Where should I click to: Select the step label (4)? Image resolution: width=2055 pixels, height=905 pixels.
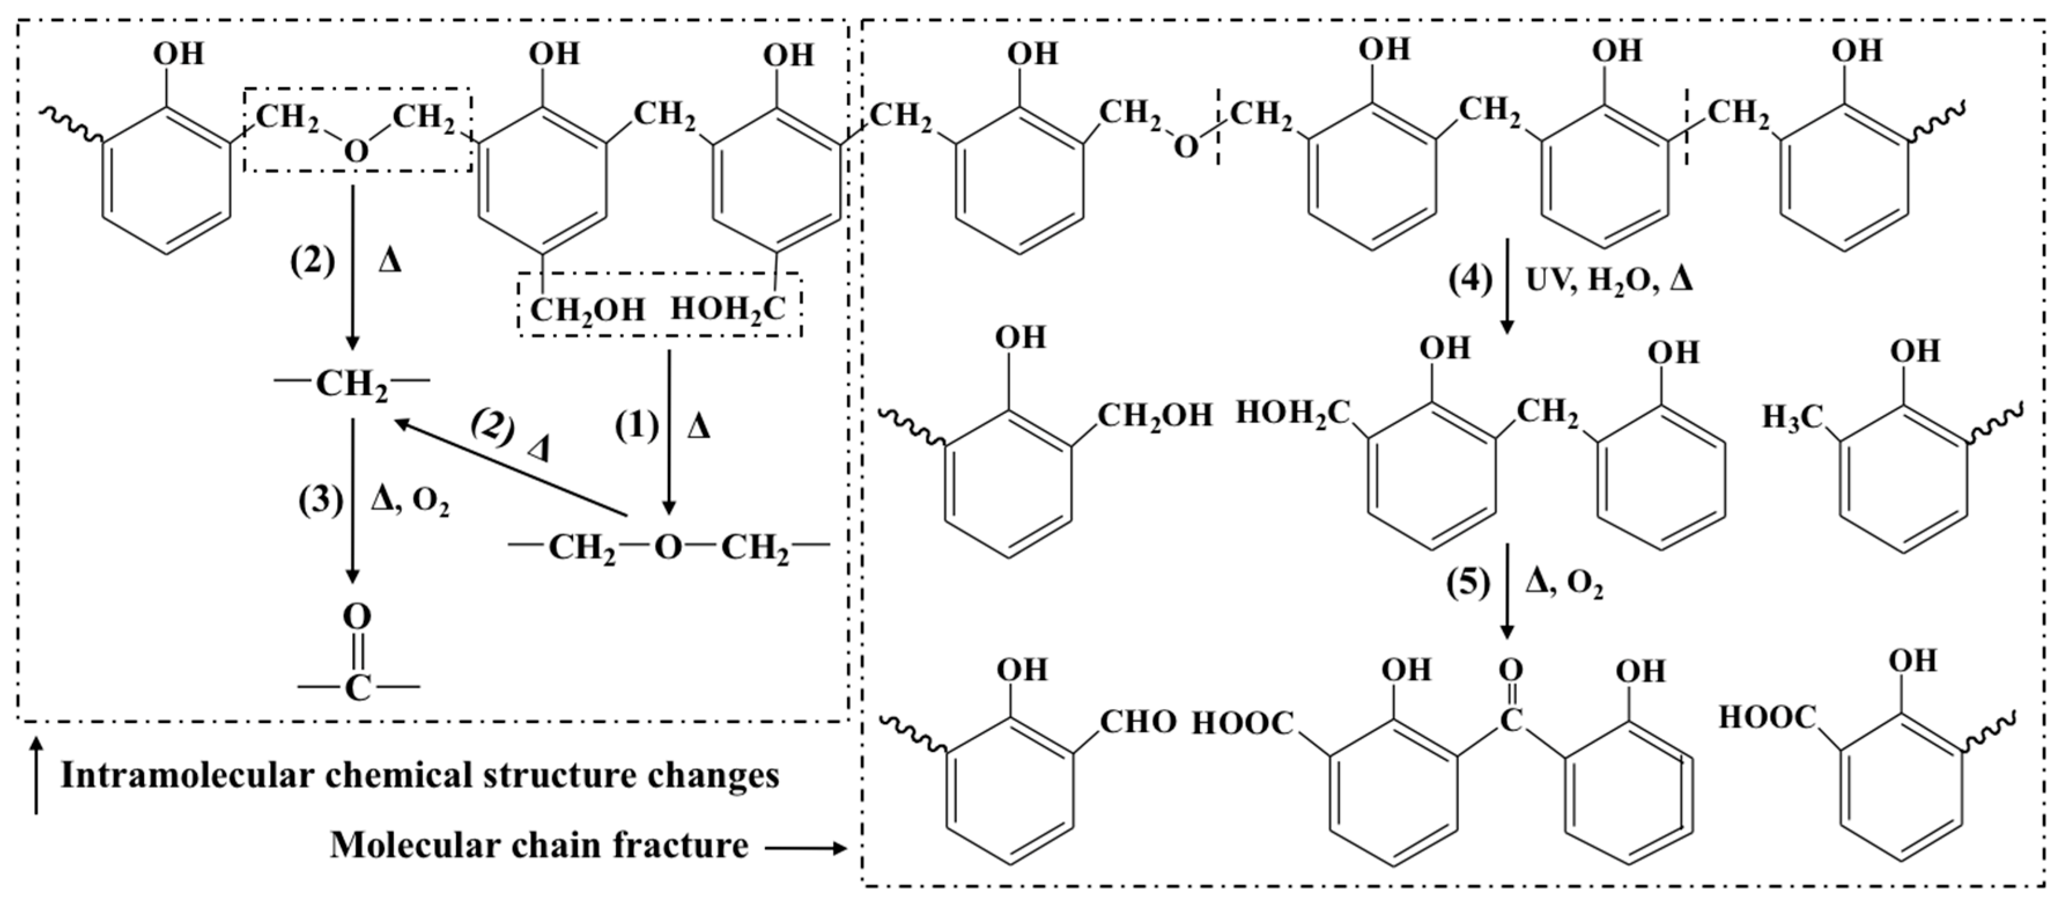[1469, 281]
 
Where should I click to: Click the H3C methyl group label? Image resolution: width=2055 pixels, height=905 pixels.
[1792, 417]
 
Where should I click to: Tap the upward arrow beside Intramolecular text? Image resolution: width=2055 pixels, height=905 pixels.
[35, 777]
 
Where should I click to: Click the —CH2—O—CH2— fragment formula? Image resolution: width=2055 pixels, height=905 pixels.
[668, 548]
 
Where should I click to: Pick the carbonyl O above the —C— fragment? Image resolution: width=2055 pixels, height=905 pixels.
[357, 617]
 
